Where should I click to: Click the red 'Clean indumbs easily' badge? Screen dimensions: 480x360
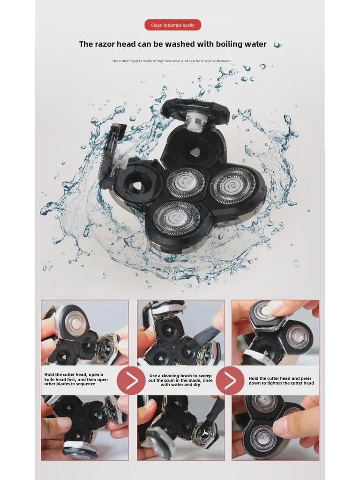click(x=172, y=25)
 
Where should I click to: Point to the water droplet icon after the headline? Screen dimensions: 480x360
click(x=277, y=45)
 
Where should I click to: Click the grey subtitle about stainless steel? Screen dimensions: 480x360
click(x=171, y=61)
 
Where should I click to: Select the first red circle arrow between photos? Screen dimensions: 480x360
click(x=131, y=380)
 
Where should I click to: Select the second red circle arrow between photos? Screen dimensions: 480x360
click(x=230, y=380)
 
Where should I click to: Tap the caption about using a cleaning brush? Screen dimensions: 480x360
click(x=180, y=380)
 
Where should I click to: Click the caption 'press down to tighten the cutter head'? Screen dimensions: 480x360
click(x=281, y=380)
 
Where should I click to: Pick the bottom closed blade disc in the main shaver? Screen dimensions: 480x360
click(x=177, y=217)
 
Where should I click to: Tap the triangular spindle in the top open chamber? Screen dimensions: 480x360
click(x=195, y=151)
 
